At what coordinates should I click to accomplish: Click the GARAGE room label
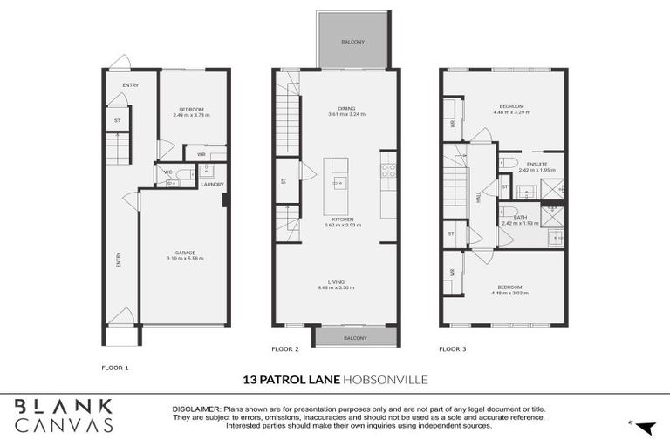(x=184, y=253)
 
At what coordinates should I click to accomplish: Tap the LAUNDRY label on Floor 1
(x=212, y=184)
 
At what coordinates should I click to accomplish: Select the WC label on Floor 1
(x=168, y=172)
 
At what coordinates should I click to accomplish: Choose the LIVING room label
(x=338, y=282)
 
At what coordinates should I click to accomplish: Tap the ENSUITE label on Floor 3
(x=537, y=164)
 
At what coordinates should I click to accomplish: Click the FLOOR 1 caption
(x=114, y=368)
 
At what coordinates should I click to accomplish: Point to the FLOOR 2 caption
(x=285, y=348)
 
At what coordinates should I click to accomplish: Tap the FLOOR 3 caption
(x=452, y=348)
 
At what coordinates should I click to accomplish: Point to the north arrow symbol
(x=645, y=427)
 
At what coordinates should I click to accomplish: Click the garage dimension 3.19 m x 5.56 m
(x=184, y=259)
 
